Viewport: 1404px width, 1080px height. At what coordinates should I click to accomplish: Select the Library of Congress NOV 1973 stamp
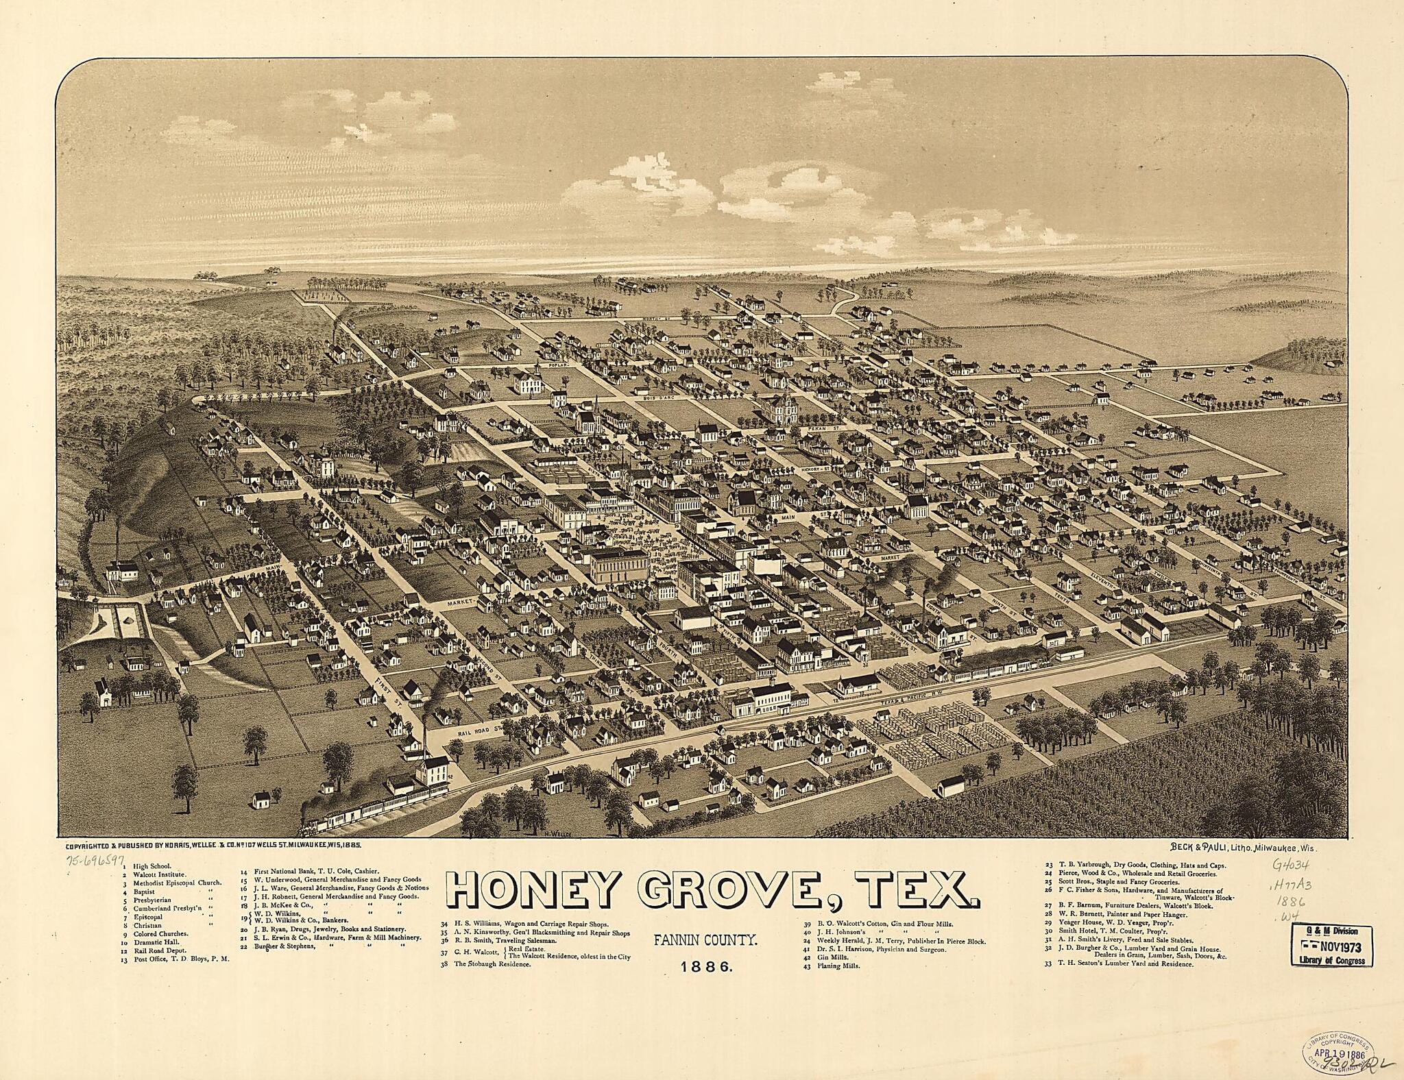point(1329,944)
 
